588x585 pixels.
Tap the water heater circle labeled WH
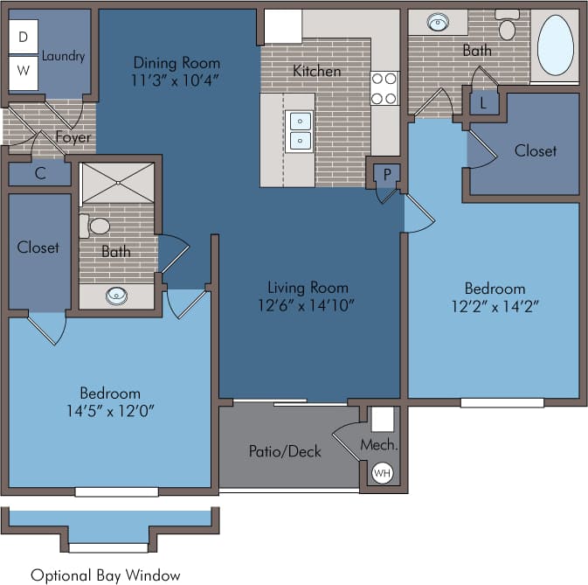[382, 473]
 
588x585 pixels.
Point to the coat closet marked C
[40, 173]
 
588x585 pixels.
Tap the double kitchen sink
[299, 129]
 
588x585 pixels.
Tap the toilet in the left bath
[96, 226]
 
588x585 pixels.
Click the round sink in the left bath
[116, 296]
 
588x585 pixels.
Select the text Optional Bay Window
[106, 575]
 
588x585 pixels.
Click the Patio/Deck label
[285, 451]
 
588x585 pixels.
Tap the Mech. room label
[379, 445]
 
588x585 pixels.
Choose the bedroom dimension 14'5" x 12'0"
[110, 410]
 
